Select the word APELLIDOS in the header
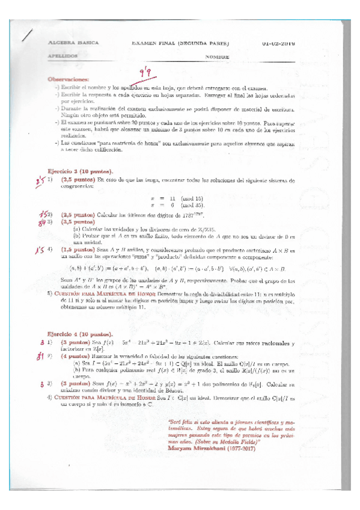click(x=62, y=56)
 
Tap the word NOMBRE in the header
click(x=217, y=56)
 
